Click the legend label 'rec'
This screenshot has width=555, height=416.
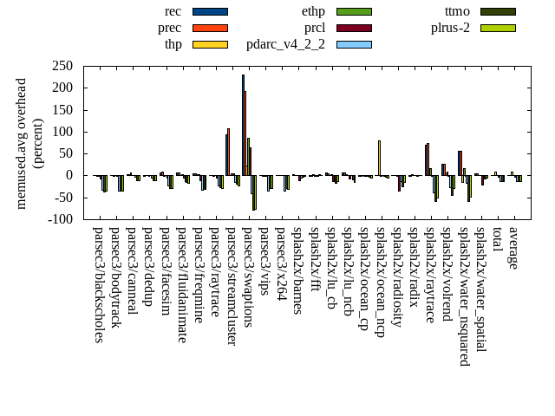point(173,11)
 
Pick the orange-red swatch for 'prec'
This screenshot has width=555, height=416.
point(210,28)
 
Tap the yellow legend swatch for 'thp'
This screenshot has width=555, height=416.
point(210,44)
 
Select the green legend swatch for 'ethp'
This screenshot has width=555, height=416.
point(354,11)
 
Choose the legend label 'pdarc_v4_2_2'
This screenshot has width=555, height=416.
point(285,44)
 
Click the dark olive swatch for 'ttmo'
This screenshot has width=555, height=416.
point(498,11)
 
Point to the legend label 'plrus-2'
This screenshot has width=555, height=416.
point(450,28)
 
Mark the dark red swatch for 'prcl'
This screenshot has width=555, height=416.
point(354,28)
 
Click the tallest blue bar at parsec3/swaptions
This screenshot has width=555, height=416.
point(244,125)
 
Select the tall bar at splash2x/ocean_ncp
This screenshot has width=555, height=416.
point(379,158)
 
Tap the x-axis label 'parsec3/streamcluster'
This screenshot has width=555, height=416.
point(232,286)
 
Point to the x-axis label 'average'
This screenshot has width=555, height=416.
point(513,248)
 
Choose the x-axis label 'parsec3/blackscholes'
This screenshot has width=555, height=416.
point(98,285)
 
